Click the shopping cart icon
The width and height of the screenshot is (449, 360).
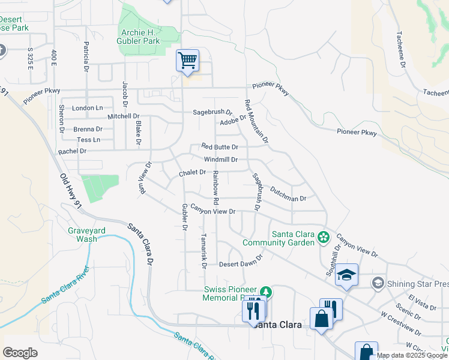tap(187, 60)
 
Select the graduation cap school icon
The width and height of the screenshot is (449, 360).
tap(346, 275)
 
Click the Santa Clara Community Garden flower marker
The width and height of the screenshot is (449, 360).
tap(324, 237)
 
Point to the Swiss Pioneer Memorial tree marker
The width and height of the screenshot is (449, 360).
tap(265, 292)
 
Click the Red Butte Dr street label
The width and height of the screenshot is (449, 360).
tap(220, 146)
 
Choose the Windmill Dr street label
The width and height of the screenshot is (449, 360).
tap(221, 160)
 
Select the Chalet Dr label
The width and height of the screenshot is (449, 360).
tap(192, 173)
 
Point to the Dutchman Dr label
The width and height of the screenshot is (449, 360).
tap(288, 193)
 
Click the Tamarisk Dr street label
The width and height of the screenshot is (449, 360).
tap(203, 251)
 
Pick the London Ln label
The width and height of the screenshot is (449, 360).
tap(88, 108)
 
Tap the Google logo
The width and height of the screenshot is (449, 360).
tap(20, 353)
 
